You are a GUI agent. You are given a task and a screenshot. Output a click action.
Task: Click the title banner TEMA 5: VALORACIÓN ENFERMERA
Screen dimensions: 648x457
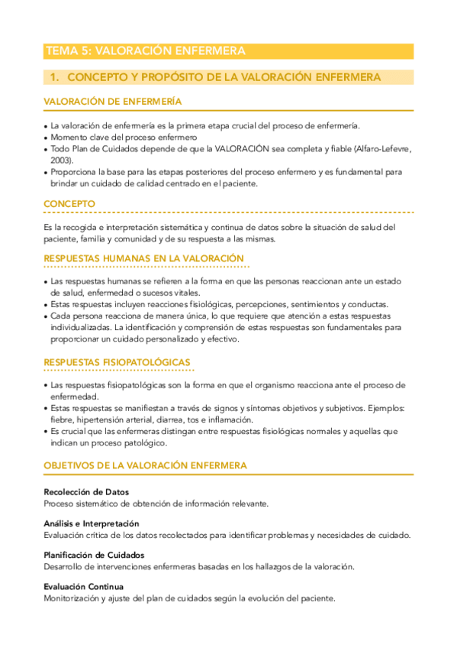point(145,51)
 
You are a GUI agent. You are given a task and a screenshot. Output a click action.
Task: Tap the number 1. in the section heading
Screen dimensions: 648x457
point(54,77)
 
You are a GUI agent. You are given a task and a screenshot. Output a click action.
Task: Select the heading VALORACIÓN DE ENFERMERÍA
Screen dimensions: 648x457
point(112,102)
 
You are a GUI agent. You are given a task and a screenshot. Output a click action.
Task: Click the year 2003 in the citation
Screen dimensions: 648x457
point(62,160)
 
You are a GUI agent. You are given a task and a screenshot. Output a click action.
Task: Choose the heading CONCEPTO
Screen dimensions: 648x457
point(69,204)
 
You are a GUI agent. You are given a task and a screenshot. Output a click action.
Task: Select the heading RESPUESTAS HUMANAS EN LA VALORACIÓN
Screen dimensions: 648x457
point(143,258)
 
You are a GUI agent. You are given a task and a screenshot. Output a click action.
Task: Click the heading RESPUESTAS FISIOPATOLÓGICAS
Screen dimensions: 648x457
point(117,361)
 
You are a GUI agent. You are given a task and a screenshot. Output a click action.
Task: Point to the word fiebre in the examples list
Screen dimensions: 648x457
point(63,420)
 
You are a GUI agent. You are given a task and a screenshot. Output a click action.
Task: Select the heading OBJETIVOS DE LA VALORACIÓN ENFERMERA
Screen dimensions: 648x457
point(145,465)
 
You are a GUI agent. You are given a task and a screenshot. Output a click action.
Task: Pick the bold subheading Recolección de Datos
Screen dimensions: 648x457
point(86,491)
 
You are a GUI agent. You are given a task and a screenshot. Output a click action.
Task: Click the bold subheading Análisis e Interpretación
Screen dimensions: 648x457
point(92,523)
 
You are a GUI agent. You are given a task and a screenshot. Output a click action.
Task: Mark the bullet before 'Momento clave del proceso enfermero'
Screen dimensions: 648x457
point(46,138)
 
